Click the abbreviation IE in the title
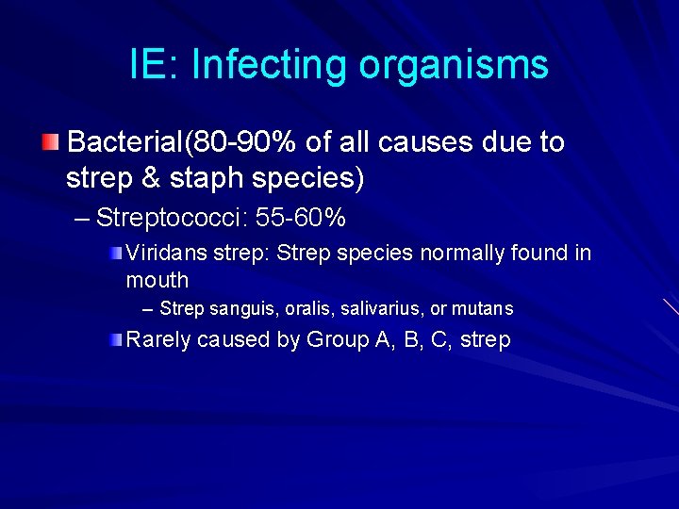click(149, 65)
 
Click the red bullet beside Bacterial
click(50, 142)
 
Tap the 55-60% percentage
click(301, 219)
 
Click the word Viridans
click(158, 254)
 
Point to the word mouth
click(157, 280)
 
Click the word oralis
click(304, 308)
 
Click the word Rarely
click(157, 340)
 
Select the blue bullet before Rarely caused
click(114, 339)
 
